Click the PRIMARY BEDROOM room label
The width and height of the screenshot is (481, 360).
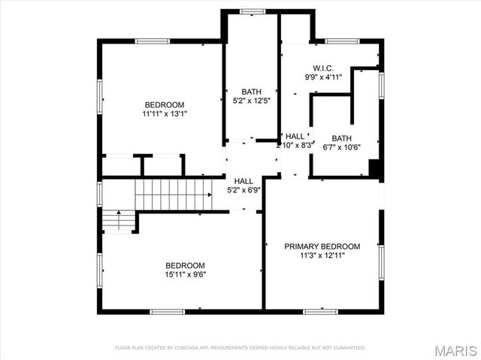(x=322, y=247)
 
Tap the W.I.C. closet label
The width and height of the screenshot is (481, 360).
(x=323, y=68)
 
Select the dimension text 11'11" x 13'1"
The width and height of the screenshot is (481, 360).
(x=164, y=114)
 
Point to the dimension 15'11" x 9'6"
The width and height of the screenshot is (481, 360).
(x=185, y=274)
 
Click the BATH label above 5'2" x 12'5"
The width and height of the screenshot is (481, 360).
(x=252, y=92)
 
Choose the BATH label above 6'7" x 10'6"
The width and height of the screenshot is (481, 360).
(x=342, y=138)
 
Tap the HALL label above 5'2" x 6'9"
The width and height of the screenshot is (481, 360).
(x=244, y=181)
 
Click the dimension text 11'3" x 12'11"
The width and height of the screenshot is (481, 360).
(x=322, y=256)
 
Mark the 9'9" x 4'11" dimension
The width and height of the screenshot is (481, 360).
(x=323, y=77)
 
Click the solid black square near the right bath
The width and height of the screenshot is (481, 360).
(x=374, y=169)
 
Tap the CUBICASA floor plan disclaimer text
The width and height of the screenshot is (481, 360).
(x=240, y=348)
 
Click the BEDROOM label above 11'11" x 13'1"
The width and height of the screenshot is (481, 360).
(x=164, y=104)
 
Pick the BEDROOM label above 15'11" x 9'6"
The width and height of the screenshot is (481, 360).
(x=185, y=265)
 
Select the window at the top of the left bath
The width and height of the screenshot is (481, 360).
(x=252, y=11)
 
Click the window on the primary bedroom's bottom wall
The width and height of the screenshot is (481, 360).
(x=320, y=310)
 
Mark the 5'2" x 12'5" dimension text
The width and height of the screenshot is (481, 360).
(x=252, y=101)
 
